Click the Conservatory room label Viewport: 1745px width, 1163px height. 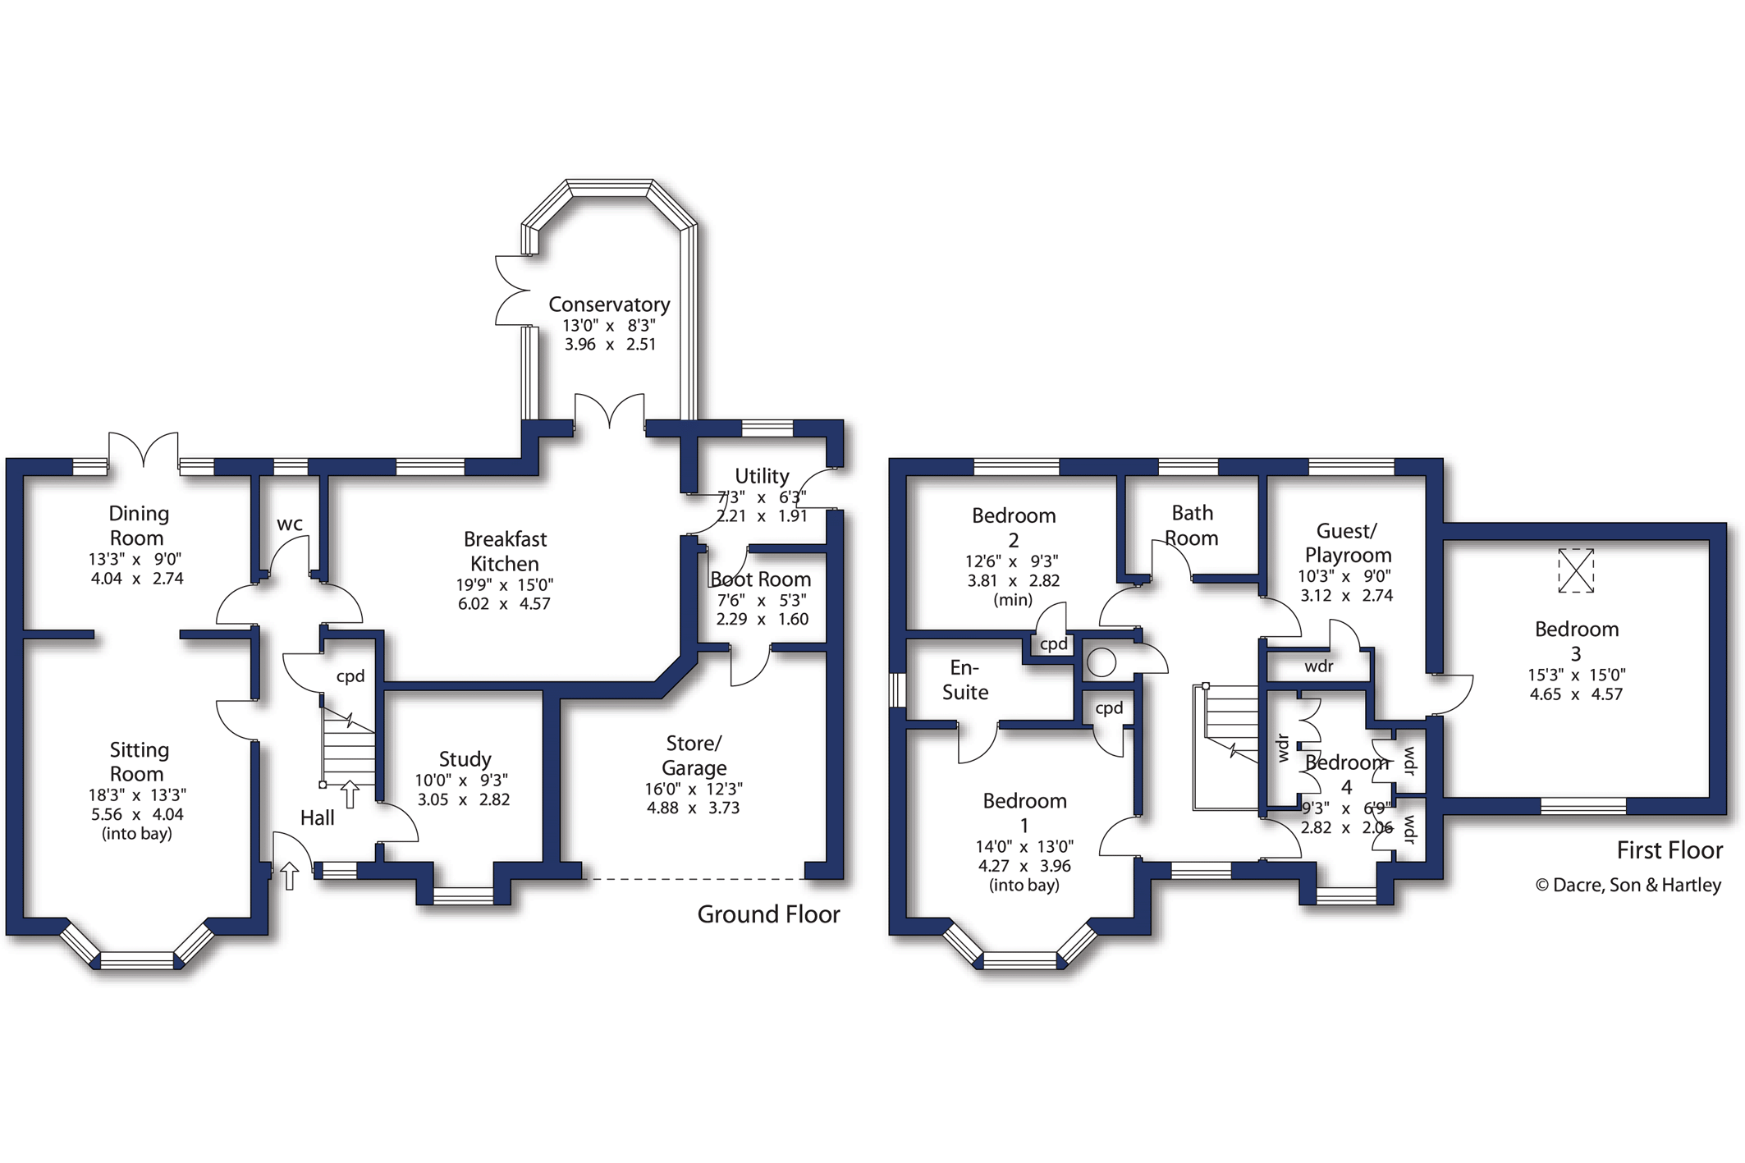click(x=609, y=304)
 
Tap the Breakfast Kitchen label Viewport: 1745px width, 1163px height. click(x=505, y=552)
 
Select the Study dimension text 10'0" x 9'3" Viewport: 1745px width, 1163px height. click(x=463, y=781)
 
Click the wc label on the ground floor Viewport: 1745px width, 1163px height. click(x=290, y=524)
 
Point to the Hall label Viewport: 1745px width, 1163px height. click(x=318, y=817)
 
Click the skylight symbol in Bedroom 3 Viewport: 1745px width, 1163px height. click(x=1575, y=570)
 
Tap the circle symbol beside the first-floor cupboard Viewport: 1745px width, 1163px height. click(x=1102, y=662)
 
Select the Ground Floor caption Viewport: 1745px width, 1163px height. click(x=768, y=914)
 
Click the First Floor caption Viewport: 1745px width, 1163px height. click(x=1669, y=850)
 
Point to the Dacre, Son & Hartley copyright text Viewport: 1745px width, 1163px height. click(x=1628, y=885)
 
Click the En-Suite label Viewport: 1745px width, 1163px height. click(x=965, y=680)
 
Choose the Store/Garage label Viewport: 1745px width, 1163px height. click(x=694, y=755)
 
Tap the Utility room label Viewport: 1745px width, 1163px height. click(x=762, y=476)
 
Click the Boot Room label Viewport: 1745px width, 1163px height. click(x=761, y=579)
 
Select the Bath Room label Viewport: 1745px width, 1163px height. click(x=1192, y=525)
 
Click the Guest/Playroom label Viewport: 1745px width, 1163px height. click(x=1348, y=543)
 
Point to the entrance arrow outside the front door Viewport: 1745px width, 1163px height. click(x=290, y=876)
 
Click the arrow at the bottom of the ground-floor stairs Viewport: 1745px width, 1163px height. click(x=350, y=794)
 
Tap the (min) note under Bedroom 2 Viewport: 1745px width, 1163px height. click(x=1013, y=600)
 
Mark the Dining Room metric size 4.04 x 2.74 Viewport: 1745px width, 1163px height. click(x=137, y=579)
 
